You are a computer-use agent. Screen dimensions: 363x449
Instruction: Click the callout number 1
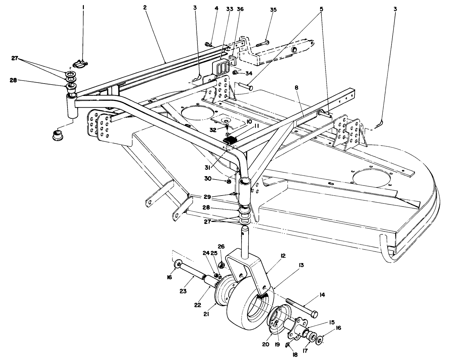[84, 6]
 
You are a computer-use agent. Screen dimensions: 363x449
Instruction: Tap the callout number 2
[145, 7]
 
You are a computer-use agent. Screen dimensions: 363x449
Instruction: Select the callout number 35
[274, 9]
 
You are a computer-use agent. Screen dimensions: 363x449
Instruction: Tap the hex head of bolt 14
[314, 315]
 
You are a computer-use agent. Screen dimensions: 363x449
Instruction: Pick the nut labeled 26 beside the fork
[221, 266]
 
